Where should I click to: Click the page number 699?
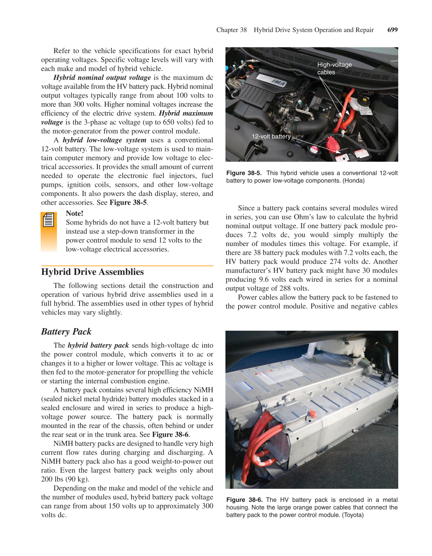tap(392, 30)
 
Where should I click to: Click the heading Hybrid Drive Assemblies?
tap(92, 272)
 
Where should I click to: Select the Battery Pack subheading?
tap(66, 331)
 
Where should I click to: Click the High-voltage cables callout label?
tap(334, 68)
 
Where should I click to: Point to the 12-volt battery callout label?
tap(271, 136)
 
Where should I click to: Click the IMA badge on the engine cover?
tap(278, 82)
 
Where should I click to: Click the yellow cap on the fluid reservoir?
tap(364, 99)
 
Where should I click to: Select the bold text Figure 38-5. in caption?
tap(244, 173)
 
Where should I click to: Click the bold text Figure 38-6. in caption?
tap(244, 500)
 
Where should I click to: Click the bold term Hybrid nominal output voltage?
tap(102, 77)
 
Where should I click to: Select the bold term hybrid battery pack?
tap(98, 345)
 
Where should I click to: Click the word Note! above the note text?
tap(74, 213)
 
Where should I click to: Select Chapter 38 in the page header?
tap(231, 30)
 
